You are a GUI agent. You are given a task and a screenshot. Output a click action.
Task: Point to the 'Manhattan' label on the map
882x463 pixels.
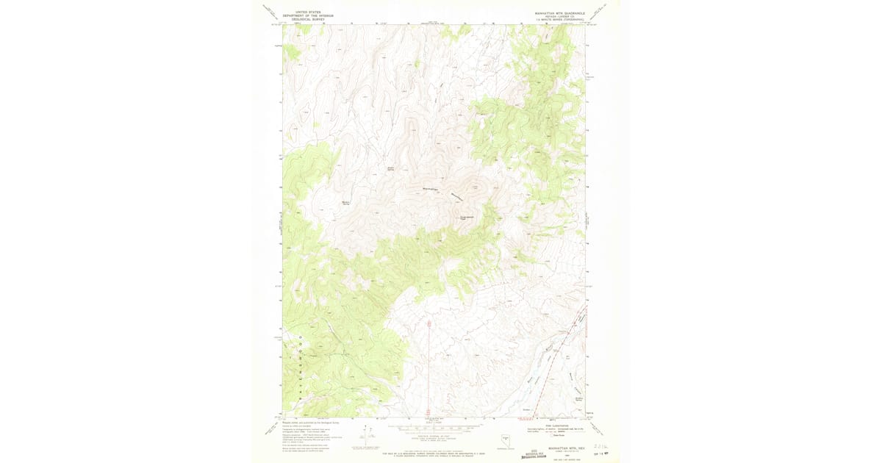click(431, 190)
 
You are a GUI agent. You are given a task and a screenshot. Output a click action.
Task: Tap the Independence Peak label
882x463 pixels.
click(467, 218)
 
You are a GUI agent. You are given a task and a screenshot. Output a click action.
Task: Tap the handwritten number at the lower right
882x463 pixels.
click(601, 446)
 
